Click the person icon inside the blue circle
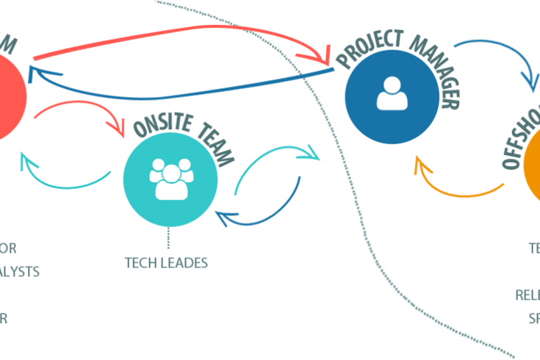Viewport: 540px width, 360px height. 392,94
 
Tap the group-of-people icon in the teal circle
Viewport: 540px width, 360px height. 170,179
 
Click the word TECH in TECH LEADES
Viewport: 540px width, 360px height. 138,262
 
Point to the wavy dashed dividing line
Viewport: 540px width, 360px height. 353,184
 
